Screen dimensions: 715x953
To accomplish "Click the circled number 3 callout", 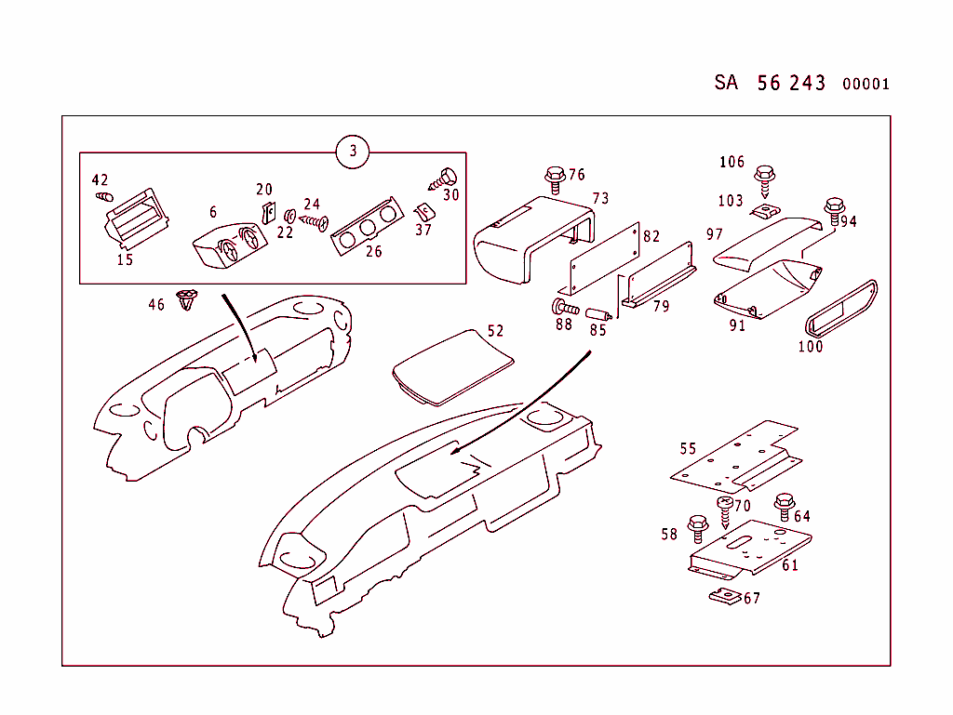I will (x=353, y=152).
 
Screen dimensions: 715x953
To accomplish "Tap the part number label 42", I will (x=100, y=180).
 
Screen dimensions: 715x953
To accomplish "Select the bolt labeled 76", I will (x=555, y=178).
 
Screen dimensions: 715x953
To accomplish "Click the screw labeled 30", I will (x=446, y=177).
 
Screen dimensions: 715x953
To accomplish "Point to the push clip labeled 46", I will (x=189, y=301).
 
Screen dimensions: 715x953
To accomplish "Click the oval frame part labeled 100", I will (x=839, y=306).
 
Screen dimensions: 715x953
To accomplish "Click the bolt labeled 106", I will (x=765, y=177).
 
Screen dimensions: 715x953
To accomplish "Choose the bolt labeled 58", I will (x=699, y=527).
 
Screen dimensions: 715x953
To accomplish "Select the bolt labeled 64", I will (x=784, y=507).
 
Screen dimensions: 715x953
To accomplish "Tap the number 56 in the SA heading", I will (x=769, y=83).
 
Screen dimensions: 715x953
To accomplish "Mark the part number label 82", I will (x=651, y=237).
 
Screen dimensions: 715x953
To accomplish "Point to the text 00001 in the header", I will (x=866, y=85).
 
